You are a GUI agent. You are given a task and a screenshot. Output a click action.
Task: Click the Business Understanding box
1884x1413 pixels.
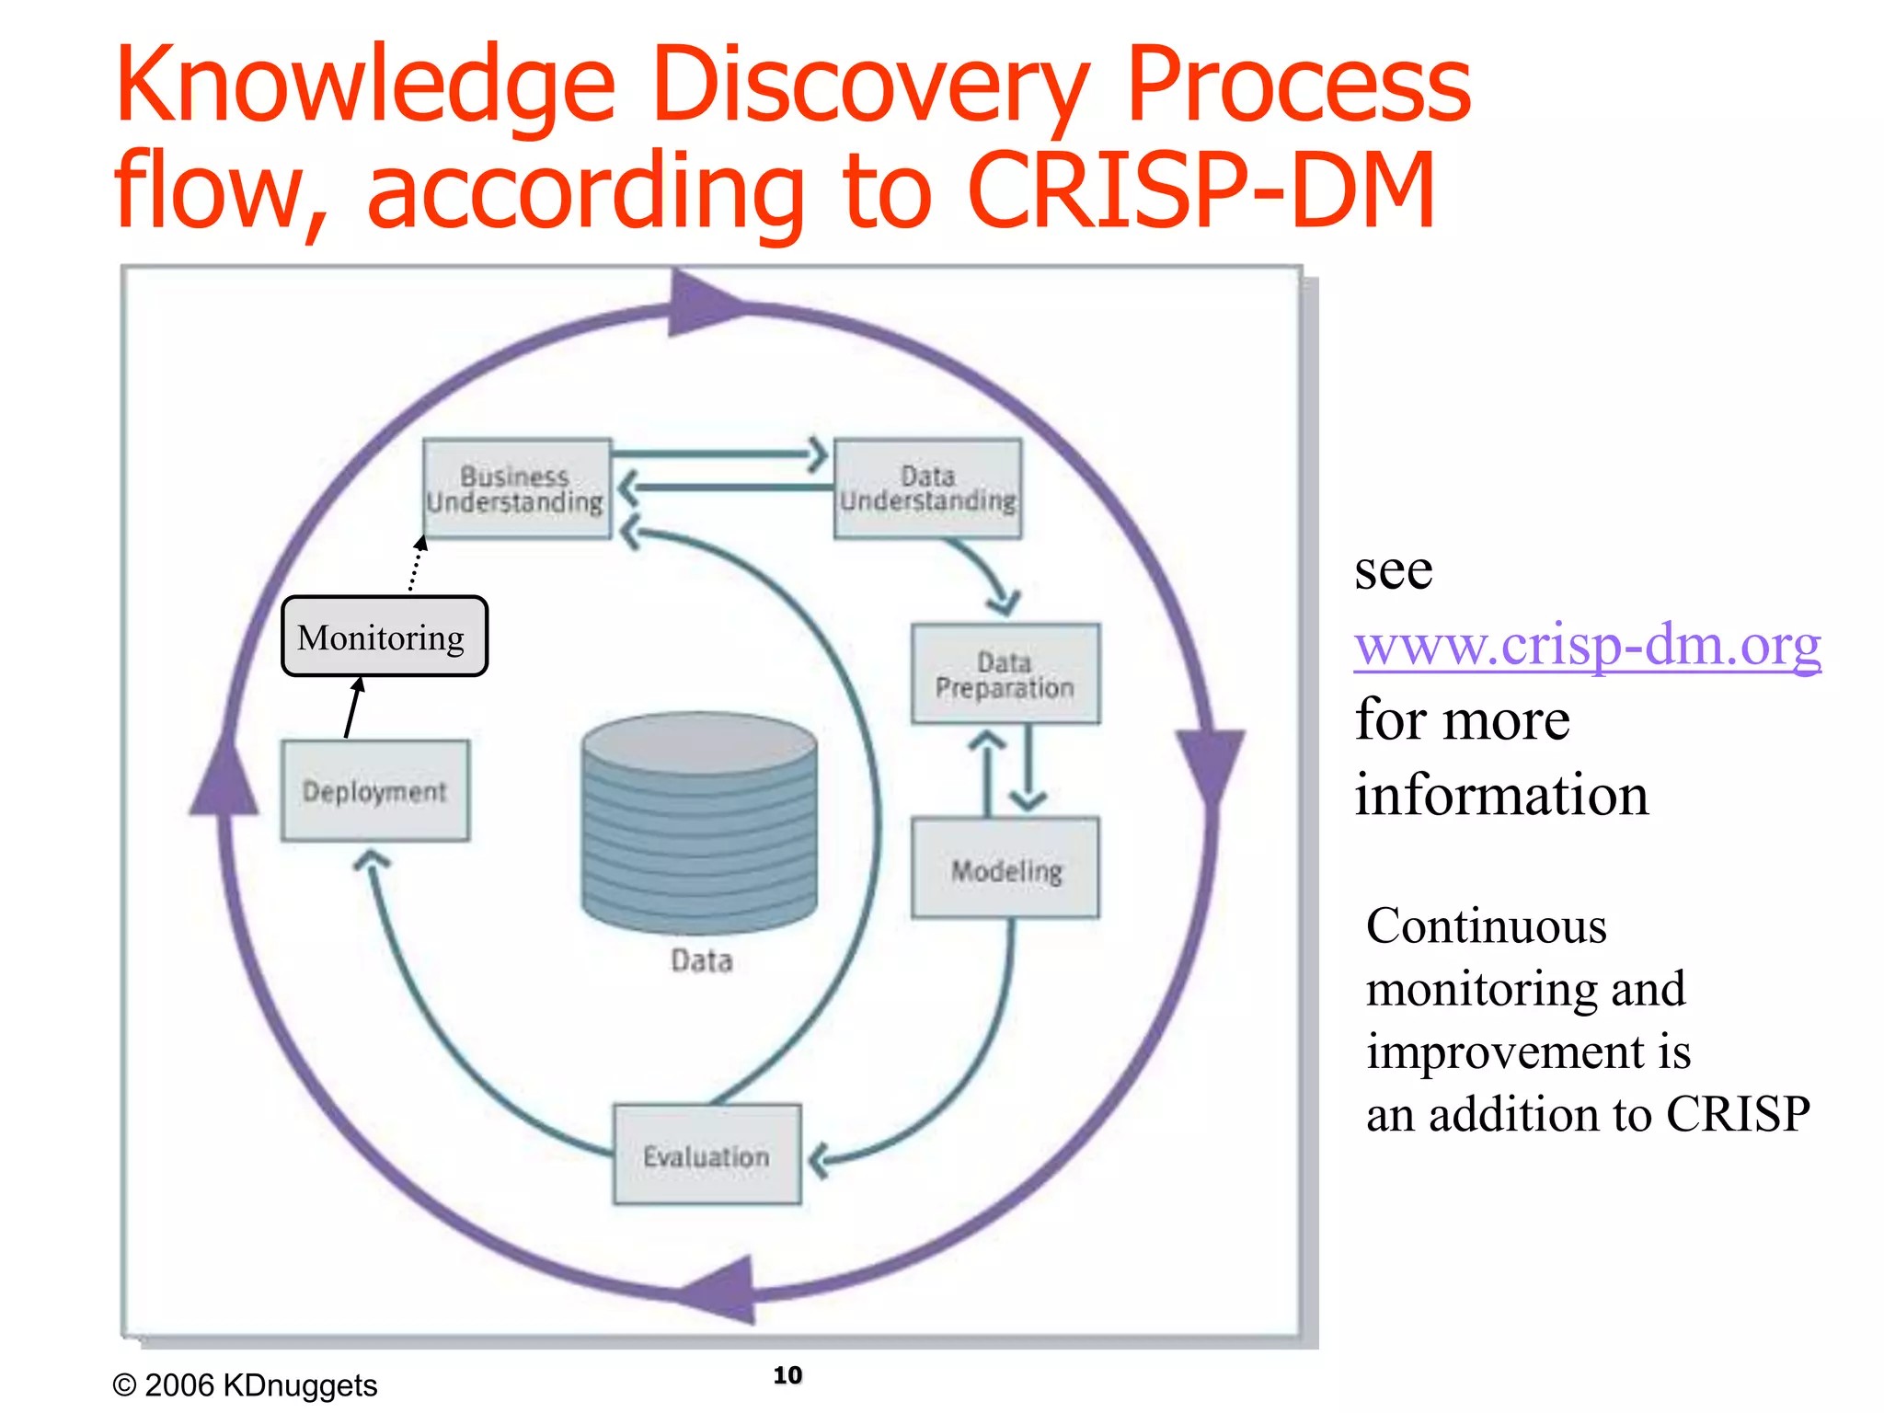point(516,488)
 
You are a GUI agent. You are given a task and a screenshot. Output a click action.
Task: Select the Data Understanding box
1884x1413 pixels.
point(927,488)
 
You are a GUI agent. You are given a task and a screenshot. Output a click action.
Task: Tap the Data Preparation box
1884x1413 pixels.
point(1005,674)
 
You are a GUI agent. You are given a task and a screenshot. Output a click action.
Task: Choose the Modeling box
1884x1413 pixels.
point(1005,868)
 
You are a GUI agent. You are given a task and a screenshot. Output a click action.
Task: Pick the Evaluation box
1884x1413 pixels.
point(706,1155)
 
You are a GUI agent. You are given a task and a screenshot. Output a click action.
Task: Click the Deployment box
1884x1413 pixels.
point(374,791)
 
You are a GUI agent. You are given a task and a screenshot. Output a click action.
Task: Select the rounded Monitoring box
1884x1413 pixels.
point(384,637)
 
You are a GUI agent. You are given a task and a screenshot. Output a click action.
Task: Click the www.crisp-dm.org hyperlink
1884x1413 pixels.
point(1587,645)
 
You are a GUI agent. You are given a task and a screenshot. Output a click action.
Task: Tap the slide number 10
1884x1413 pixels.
point(787,1374)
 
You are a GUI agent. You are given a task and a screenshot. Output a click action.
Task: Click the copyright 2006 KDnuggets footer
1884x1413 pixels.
point(245,1384)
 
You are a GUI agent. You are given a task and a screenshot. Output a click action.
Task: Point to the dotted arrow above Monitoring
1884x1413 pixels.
point(416,566)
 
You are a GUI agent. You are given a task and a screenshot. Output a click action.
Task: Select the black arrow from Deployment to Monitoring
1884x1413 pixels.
point(352,708)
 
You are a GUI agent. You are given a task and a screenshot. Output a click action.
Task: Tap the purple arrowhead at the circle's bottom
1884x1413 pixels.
point(722,1290)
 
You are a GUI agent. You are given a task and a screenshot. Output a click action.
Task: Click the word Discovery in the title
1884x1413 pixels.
point(868,87)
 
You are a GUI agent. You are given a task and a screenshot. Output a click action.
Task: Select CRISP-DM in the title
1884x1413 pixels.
point(1200,191)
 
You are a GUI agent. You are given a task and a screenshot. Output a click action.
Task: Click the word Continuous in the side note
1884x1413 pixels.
point(1486,925)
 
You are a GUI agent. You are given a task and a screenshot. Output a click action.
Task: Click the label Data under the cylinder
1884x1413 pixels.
point(701,960)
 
